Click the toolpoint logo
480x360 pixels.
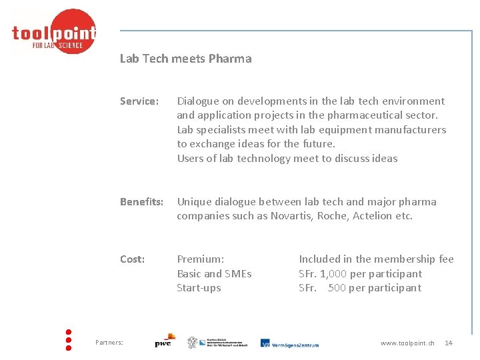[54, 32]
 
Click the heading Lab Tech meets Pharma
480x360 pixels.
[185, 59]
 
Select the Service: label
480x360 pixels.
[139, 101]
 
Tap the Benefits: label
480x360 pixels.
[141, 202]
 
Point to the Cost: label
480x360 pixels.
[132, 259]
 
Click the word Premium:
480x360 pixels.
[200, 259]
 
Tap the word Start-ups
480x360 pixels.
[199, 288]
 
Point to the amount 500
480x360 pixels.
[337, 288]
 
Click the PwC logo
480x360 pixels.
[164, 341]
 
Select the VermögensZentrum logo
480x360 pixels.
[289, 343]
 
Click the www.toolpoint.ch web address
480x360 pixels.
[407, 343]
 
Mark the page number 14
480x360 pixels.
[449, 343]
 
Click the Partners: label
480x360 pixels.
[109, 343]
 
